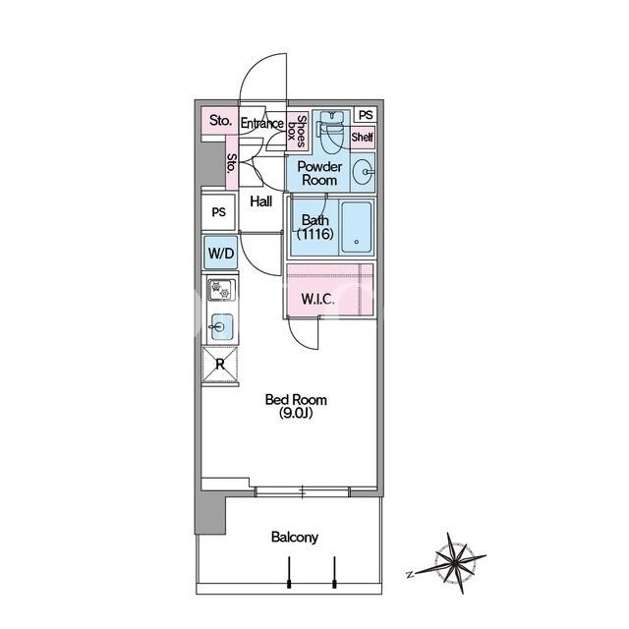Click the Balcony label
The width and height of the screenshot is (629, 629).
tap(295, 538)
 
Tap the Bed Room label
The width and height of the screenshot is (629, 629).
tap(296, 400)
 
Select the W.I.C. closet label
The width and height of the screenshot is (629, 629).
tap(317, 299)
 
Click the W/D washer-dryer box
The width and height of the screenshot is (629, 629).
tap(220, 253)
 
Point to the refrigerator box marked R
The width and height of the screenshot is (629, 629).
tap(220, 365)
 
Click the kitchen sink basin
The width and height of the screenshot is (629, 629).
tap(222, 327)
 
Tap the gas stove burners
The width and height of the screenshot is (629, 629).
tap(221, 290)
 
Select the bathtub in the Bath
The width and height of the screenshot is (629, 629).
tap(356, 227)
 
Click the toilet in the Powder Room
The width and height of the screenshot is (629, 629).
tap(332, 129)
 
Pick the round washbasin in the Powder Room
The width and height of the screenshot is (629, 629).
tap(363, 172)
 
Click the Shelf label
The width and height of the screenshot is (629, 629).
tap(363, 138)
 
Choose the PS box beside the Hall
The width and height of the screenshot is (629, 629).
tap(218, 212)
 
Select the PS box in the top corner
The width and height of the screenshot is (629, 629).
tap(366, 115)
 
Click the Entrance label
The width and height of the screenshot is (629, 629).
tap(262, 123)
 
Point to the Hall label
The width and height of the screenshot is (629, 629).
tap(261, 200)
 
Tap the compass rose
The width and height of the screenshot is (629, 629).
tap(456, 561)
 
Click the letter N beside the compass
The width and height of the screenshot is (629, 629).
tap(410, 575)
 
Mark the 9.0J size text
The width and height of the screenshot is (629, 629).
tap(296, 413)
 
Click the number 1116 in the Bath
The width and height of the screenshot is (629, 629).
tap(315, 234)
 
